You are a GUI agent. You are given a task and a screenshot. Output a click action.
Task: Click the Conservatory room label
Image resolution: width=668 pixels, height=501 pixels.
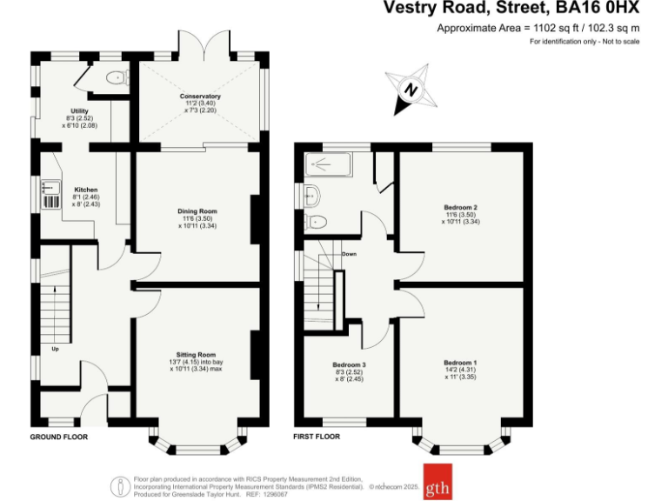tap(200, 96)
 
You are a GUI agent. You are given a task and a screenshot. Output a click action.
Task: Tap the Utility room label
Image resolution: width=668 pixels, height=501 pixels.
tap(79, 111)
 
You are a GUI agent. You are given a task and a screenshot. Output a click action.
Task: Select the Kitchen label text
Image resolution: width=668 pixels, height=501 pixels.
tap(85, 190)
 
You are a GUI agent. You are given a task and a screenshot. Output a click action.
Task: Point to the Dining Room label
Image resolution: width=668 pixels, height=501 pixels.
tap(197, 211)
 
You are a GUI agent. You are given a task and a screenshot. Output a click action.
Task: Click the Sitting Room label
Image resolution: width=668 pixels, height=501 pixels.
tap(196, 355)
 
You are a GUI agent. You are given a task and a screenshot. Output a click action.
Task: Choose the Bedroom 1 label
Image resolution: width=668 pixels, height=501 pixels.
tap(460, 362)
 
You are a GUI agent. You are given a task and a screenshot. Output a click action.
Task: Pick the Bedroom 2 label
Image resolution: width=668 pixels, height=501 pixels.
tap(460, 207)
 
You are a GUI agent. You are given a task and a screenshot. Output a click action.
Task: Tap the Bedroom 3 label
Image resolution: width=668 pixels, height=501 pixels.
tap(349, 364)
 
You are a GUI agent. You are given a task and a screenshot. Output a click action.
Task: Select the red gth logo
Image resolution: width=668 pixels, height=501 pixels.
tap(437, 488)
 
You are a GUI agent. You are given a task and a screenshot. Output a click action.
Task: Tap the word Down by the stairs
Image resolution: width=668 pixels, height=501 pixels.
tap(349, 255)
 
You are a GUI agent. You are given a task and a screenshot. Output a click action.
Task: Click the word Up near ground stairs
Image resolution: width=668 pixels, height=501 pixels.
tap(55, 349)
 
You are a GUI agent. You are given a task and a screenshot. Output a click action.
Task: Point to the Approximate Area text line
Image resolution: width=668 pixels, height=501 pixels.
tap(538, 29)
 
